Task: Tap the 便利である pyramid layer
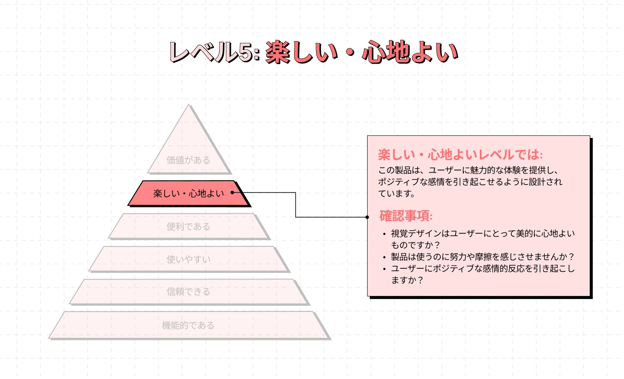pos(188,226)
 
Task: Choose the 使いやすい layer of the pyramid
pos(188,259)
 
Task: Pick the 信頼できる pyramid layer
pos(188,292)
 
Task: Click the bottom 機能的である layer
pos(188,325)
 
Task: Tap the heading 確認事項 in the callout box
pos(406,216)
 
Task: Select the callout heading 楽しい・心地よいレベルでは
pos(460,155)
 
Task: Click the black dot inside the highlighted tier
pos(233,193)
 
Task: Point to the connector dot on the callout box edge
pos(367,217)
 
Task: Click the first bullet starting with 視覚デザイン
pos(482,234)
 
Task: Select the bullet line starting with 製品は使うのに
pos(482,257)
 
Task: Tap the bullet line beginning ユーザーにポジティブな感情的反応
pos(482,269)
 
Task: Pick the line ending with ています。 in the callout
pos(397,194)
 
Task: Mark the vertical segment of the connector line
pos(296,205)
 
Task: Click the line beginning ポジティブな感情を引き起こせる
pos(470,182)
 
